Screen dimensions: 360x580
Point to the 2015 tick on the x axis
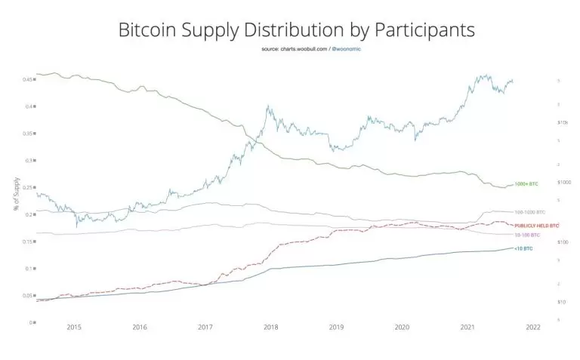tap(74, 327)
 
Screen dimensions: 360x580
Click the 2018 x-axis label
tap(270, 327)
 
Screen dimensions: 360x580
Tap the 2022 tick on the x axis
tap(532, 327)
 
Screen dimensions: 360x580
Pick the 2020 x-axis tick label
tap(402, 327)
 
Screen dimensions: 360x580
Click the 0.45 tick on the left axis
tap(27, 79)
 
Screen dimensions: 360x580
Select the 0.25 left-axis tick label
tap(27, 187)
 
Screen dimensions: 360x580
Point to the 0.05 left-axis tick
tap(27, 295)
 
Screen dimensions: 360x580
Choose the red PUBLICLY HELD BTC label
tap(536, 226)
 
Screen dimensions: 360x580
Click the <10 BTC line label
tap(523, 248)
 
